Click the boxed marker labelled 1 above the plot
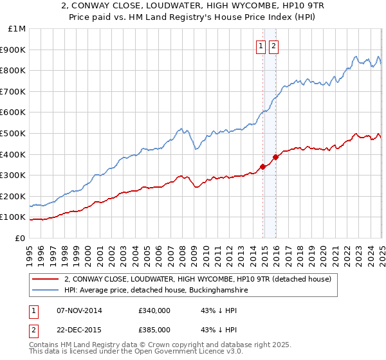[261, 46]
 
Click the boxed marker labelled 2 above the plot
[273, 46]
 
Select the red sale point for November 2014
[262, 167]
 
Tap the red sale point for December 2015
[275, 157]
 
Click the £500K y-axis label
[14, 133]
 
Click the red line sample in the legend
[44, 279]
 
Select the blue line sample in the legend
[44, 291]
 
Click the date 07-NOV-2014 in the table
[79, 310]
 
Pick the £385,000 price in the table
[154, 330]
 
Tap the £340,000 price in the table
[154, 310]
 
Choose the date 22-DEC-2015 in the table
[79, 330]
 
